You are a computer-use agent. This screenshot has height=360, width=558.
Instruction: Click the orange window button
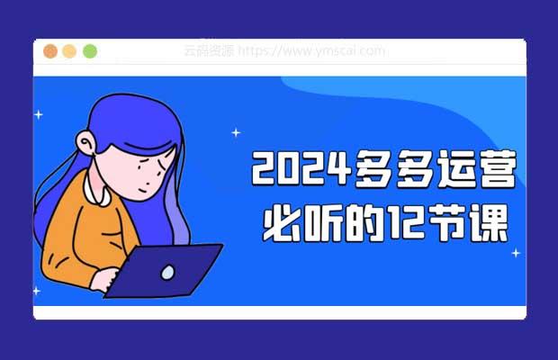tap(50, 51)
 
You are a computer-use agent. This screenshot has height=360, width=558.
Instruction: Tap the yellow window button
tap(69, 51)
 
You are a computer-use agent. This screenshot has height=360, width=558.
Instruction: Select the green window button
tap(90, 51)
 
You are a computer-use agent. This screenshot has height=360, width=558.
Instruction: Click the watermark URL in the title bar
tap(311, 51)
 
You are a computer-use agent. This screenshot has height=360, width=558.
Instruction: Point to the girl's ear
tap(85, 142)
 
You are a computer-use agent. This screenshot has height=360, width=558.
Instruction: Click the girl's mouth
tap(143, 190)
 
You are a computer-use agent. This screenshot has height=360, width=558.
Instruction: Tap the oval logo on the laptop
tap(167, 273)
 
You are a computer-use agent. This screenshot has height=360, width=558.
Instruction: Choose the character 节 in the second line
tap(447, 224)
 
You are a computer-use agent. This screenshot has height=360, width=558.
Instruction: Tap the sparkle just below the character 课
tap(516, 253)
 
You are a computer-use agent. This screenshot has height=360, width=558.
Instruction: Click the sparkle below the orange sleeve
tap(36, 291)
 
